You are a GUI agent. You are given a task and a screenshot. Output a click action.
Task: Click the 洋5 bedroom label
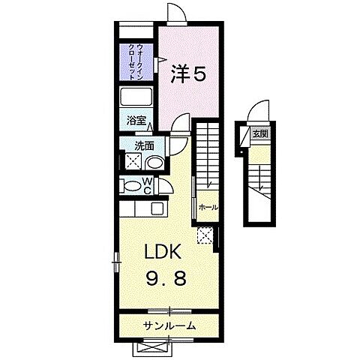pyautogui.click(x=189, y=75)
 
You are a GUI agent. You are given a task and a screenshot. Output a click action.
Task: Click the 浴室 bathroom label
pyautogui.click(x=136, y=119)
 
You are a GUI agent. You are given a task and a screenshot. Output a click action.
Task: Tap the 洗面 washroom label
pyautogui.click(x=145, y=146)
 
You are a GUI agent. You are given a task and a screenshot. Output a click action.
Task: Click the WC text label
pyautogui.click(x=148, y=186)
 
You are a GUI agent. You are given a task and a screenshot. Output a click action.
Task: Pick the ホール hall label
pyautogui.click(x=208, y=207)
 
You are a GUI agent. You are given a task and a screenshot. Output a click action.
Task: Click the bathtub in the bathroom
pyautogui.click(x=137, y=98)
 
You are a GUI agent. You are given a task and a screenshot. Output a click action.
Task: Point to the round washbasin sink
pyautogui.click(x=153, y=163)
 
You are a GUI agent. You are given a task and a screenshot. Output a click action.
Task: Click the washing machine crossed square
pyautogui.click(x=132, y=163)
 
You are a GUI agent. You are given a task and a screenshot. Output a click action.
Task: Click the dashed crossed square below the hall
pyautogui.click(x=205, y=235)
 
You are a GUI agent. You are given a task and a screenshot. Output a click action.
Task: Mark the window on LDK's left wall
pyautogui.click(x=116, y=261)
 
